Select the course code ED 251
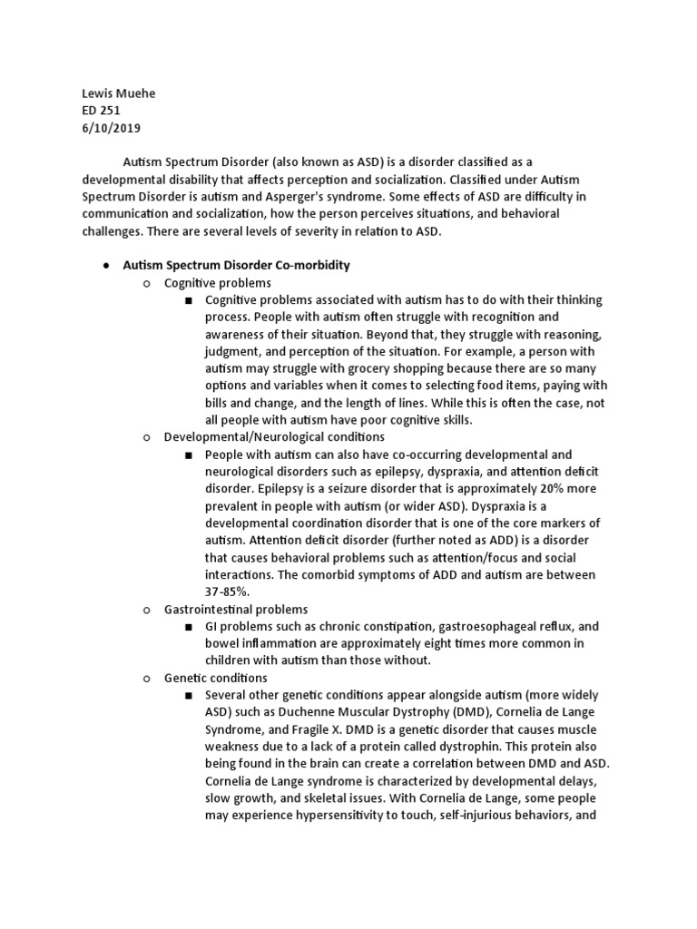(x=101, y=111)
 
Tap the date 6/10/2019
(x=111, y=128)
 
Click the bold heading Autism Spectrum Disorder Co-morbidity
(x=236, y=266)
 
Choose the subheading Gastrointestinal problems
(x=236, y=610)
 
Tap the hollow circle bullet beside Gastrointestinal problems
(x=147, y=610)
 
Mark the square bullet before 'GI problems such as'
(x=189, y=627)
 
